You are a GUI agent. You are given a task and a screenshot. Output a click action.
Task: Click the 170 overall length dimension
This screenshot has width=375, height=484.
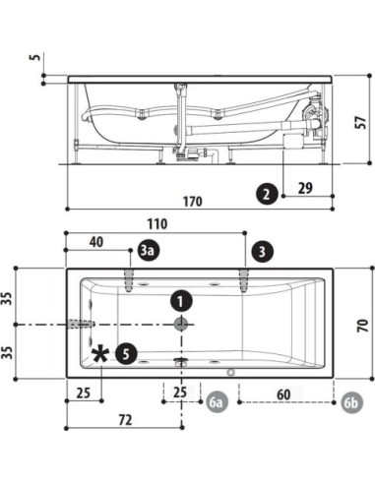[x=192, y=203]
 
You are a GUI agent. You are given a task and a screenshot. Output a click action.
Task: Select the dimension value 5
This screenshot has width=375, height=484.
[x=35, y=57]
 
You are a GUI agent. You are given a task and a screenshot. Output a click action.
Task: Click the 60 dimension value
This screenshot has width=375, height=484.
[x=284, y=394]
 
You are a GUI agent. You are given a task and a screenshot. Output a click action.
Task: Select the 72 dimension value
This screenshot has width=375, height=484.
[x=124, y=420]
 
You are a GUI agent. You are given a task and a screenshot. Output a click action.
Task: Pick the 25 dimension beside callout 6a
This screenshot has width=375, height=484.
[x=179, y=394]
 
